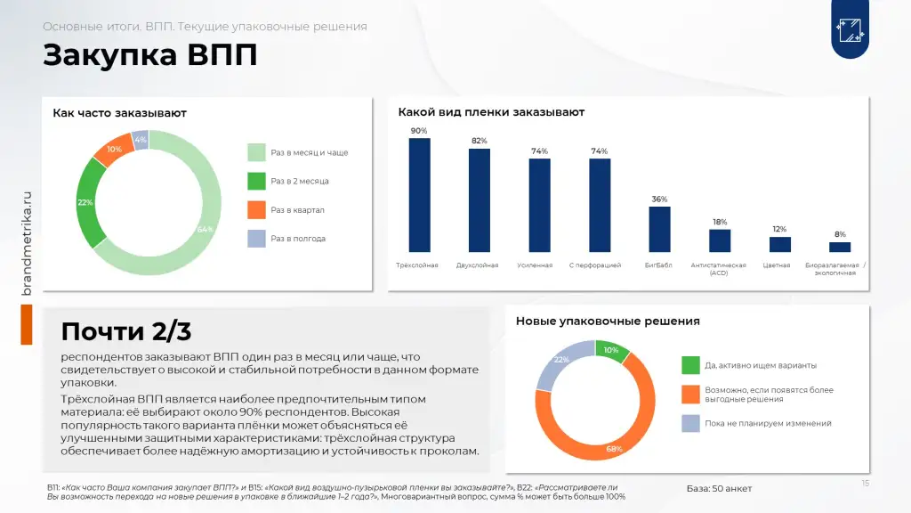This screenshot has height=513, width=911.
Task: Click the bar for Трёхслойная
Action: click(x=420, y=195)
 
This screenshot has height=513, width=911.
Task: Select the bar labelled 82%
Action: click(x=480, y=200)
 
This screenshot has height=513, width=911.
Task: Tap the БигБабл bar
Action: click(x=659, y=229)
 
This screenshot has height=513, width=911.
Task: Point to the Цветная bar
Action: click(x=779, y=244)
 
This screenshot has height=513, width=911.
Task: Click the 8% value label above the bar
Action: click(x=840, y=234)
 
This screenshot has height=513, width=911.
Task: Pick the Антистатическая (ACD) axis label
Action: click(x=719, y=269)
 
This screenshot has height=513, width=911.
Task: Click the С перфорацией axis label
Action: click(x=595, y=265)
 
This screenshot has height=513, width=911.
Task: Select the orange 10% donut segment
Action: click(x=114, y=150)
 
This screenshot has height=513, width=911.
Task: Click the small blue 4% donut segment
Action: click(x=140, y=140)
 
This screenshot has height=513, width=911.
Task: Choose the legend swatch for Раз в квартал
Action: click(x=256, y=210)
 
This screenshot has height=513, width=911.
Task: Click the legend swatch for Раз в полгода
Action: click(x=256, y=239)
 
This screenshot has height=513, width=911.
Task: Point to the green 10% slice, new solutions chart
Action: click(x=611, y=350)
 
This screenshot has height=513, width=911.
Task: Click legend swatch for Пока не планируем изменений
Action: click(x=690, y=423)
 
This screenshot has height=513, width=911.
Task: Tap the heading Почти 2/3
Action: click(x=126, y=331)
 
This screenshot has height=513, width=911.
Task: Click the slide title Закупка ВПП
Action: click(x=149, y=55)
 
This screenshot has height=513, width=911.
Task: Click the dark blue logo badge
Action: click(x=850, y=29)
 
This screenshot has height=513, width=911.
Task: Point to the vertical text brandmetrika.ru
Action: click(x=26, y=243)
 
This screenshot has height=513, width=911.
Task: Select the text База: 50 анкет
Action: click(x=719, y=489)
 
